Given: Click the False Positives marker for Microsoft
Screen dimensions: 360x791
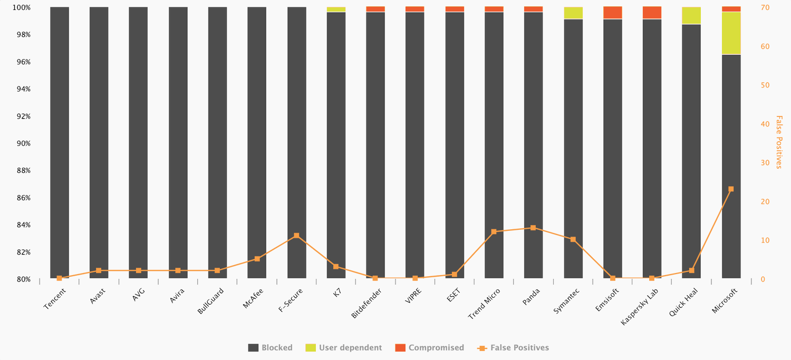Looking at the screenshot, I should click(x=731, y=189).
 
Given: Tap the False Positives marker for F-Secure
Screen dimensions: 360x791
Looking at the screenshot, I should click(x=296, y=236).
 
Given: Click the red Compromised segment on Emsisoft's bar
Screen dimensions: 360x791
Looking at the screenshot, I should click(x=612, y=13).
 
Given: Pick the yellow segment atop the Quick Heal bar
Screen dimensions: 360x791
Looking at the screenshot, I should click(x=691, y=16).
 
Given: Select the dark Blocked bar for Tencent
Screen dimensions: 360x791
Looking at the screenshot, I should click(x=60, y=142).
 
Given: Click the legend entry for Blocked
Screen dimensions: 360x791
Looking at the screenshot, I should click(x=271, y=348).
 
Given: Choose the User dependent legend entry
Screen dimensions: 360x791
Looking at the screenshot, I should click(x=344, y=348).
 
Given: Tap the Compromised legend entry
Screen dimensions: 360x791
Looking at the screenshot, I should click(x=430, y=348).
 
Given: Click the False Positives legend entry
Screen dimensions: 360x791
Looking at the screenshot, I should click(x=513, y=348).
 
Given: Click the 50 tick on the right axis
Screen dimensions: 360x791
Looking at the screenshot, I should click(x=765, y=85).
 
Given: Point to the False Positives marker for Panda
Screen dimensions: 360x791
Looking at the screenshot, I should click(x=533, y=228).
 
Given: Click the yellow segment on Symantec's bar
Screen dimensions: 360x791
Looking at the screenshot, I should click(x=573, y=13).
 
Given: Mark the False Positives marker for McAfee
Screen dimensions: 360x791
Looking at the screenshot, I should click(x=257, y=259).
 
